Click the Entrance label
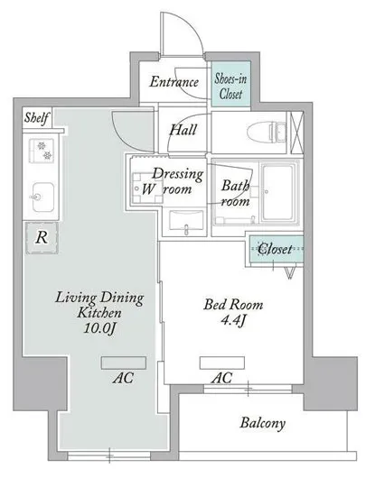click(x=174, y=82)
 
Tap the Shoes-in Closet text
click(x=230, y=86)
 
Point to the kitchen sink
click(x=42, y=197)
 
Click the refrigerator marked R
click(x=42, y=238)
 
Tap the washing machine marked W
click(x=147, y=188)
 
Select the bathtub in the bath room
click(x=279, y=192)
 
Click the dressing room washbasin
click(x=186, y=221)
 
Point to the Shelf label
click(x=37, y=118)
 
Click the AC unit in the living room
click(x=124, y=363)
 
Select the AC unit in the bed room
click(x=222, y=363)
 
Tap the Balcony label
click(x=262, y=423)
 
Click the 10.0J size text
click(x=99, y=328)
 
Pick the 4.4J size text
click(x=233, y=321)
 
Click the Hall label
click(x=183, y=130)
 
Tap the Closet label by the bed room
click(x=275, y=249)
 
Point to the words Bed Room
click(x=233, y=305)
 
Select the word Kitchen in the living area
click(x=99, y=313)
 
